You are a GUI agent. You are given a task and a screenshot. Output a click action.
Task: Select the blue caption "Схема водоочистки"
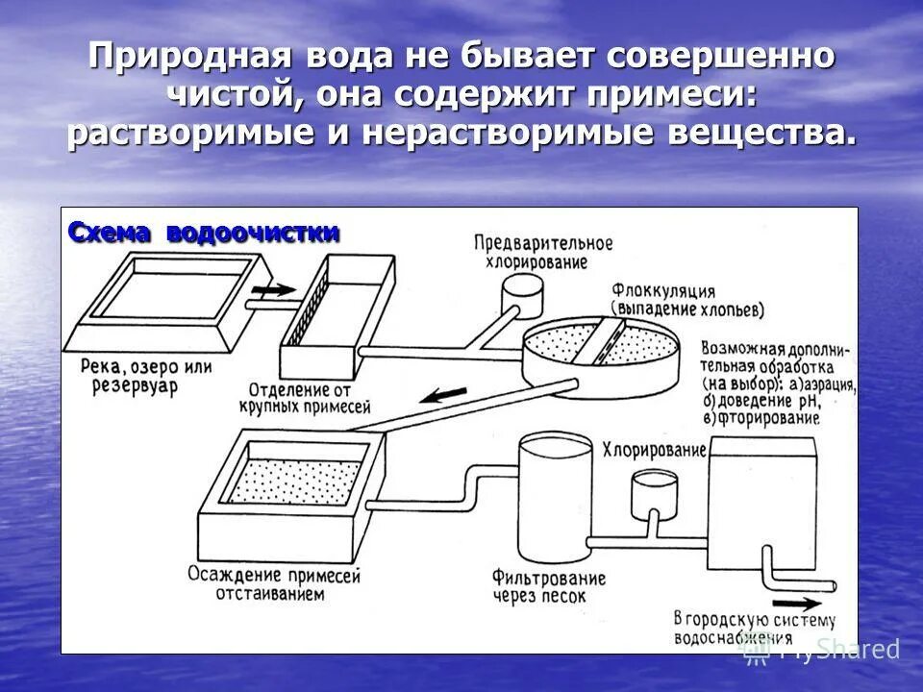tap(203, 234)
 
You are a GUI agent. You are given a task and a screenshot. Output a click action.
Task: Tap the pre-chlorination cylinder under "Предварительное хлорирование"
tap(523, 285)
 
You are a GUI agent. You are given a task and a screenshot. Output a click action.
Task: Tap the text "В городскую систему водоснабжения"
tap(755, 627)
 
